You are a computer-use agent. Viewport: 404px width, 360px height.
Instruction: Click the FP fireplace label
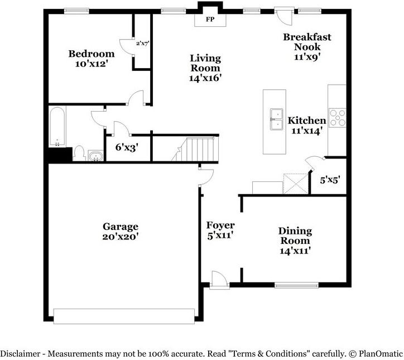[210, 20]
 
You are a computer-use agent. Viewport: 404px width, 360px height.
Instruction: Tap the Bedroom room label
[92, 59]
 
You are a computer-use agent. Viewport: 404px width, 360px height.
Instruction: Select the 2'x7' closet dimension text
[142, 42]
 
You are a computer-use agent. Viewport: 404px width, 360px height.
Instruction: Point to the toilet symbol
[79, 153]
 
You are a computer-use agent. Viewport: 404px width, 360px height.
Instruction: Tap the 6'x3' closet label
[126, 148]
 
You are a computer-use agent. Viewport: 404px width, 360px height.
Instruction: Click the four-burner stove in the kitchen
[337, 118]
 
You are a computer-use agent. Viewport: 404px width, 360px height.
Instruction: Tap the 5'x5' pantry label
[329, 180]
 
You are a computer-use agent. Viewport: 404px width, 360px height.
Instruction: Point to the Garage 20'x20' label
[120, 231]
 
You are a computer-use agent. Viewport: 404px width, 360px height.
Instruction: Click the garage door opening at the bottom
[124, 315]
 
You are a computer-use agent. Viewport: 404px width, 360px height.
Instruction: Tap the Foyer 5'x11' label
[220, 230]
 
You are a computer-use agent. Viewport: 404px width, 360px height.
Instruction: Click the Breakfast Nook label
[306, 46]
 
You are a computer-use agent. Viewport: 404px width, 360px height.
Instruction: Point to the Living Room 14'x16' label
[205, 68]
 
